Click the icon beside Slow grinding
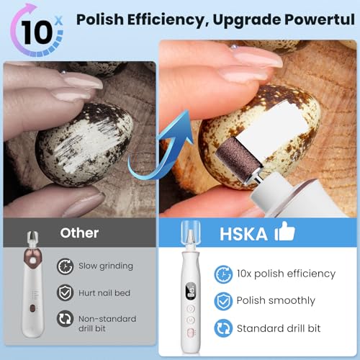point(65,266)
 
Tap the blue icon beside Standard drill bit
point(222,329)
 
